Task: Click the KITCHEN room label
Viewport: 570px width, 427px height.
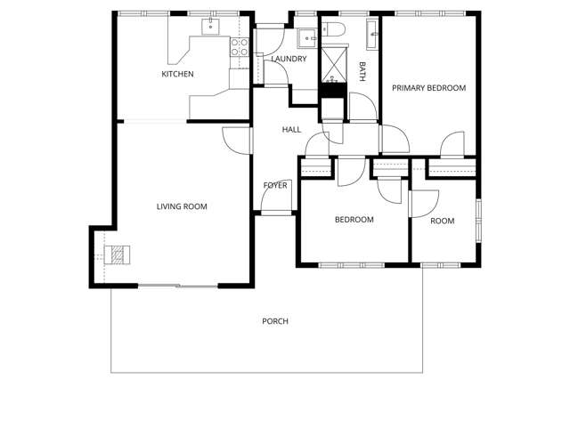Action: (177, 74)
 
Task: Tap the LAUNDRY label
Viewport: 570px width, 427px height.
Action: (289, 60)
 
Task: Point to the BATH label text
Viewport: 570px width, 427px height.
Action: (362, 72)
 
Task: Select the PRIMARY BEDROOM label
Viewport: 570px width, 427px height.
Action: (429, 87)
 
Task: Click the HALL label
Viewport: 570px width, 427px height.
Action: (291, 130)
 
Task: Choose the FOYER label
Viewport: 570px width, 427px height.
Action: (275, 185)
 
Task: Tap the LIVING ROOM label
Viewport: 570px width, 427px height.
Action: (182, 206)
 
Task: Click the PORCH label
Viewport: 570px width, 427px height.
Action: (275, 321)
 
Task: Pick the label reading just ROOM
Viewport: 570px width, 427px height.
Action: (443, 221)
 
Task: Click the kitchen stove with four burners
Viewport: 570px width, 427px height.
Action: (240, 48)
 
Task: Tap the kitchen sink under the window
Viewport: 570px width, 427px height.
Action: (212, 26)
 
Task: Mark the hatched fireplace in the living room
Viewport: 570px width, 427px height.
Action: (116, 255)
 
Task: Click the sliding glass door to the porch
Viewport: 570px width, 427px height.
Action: (178, 286)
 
